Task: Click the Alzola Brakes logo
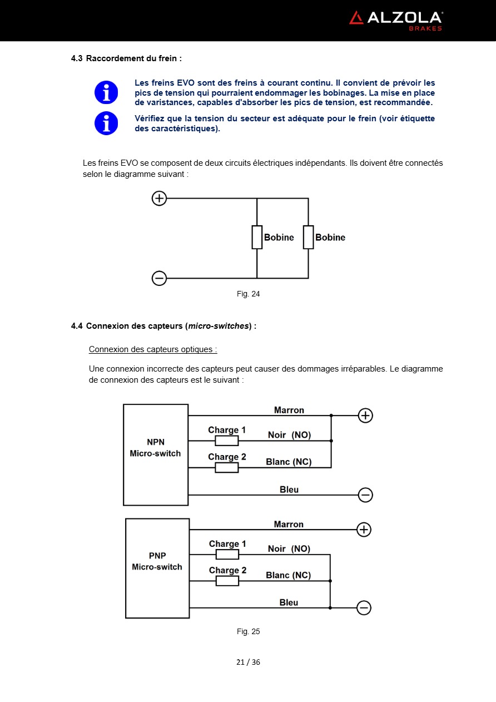(395, 20)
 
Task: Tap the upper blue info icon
(106, 92)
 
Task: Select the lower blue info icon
(106, 123)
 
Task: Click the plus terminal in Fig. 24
(159, 198)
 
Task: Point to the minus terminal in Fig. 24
(159, 278)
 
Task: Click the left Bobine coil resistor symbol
(257, 237)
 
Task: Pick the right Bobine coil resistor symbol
(308, 237)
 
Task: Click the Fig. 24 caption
(248, 294)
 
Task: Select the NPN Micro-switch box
(156, 454)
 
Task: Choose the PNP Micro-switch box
(157, 568)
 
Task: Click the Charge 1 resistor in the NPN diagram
(227, 441)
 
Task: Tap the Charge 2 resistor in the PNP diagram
(227, 581)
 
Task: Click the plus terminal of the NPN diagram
(365, 416)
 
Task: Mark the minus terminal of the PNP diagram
(364, 608)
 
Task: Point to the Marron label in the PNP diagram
(289, 525)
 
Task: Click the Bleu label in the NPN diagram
(289, 490)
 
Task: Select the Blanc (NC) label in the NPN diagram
(289, 462)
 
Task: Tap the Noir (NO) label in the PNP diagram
(289, 548)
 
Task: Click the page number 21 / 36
(248, 662)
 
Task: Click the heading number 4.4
(77, 326)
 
